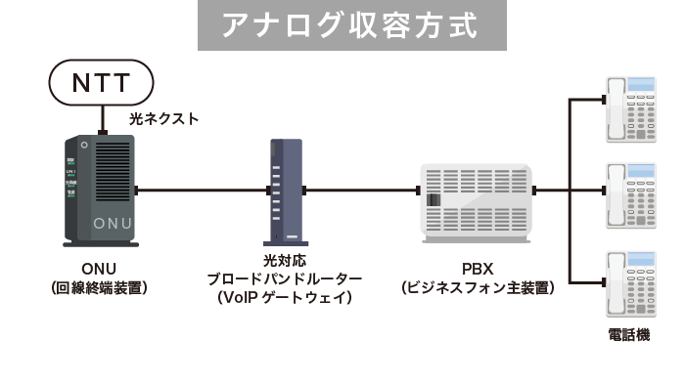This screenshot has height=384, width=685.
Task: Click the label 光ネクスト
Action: [164, 118]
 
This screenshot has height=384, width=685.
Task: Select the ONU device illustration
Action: [99, 191]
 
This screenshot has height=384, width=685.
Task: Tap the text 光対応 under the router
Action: [284, 261]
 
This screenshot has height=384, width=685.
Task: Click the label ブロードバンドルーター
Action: [284, 278]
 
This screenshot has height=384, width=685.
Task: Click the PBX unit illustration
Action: [479, 203]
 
